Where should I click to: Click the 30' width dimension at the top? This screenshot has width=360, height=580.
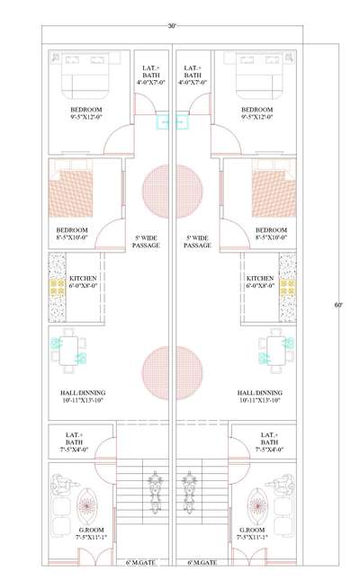click(172, 26)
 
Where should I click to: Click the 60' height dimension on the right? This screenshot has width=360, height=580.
click(338, 306)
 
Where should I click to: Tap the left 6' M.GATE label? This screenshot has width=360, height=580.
click(140, 563)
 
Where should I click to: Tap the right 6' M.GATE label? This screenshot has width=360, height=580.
click(202, 563)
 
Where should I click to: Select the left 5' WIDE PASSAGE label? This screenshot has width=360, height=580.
click(146, 242)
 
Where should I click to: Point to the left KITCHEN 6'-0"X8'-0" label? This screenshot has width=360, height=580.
click(83, 281)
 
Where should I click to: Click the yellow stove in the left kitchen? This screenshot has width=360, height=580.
click(57, 287)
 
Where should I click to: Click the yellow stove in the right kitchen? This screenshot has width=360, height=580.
click(288, 287)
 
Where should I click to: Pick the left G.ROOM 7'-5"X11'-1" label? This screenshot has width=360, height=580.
click(90, 533)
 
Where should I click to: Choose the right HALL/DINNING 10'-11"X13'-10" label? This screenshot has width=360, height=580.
click(259, 397)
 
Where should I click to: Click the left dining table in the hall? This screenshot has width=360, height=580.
click(68, 351)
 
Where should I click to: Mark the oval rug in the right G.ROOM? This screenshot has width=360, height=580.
click(256, 505)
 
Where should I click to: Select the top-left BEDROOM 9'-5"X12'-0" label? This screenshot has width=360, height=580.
click(85, 113)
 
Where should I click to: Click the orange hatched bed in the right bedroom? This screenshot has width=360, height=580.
click(274, 193)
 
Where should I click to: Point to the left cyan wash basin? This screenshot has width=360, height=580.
click(163, 121)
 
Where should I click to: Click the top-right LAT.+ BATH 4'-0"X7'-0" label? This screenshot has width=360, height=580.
click(193, 76)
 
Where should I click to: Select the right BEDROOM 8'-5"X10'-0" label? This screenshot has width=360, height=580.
click(271, 234)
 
